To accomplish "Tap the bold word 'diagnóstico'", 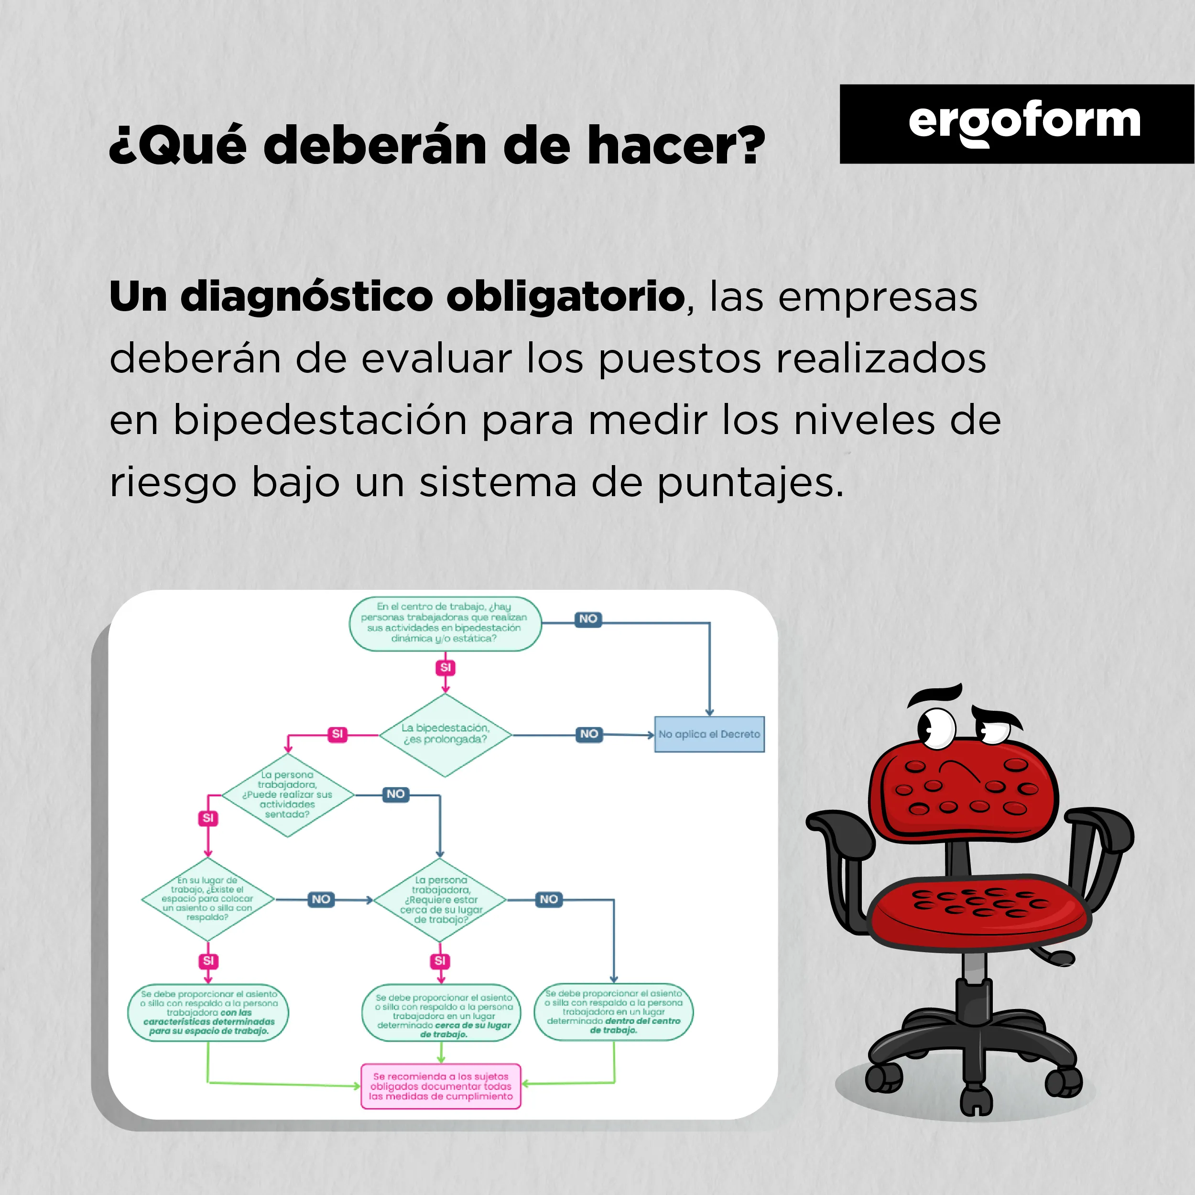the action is [307, 297].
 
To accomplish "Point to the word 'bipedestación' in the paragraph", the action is [319, 421].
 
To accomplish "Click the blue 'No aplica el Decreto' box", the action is [709, 734].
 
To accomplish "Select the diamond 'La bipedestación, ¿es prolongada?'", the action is [445, 735].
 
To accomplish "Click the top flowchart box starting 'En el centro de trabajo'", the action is [445, 623].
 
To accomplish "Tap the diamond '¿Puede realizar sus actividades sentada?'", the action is [288, 795].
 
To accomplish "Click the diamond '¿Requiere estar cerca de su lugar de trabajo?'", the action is [440, 900].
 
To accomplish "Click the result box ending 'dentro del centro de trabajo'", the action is [614, 1012].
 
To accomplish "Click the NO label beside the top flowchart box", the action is [588, 619].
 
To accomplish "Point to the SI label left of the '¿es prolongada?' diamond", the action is [337, 734].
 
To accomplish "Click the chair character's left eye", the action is [936, 728].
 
